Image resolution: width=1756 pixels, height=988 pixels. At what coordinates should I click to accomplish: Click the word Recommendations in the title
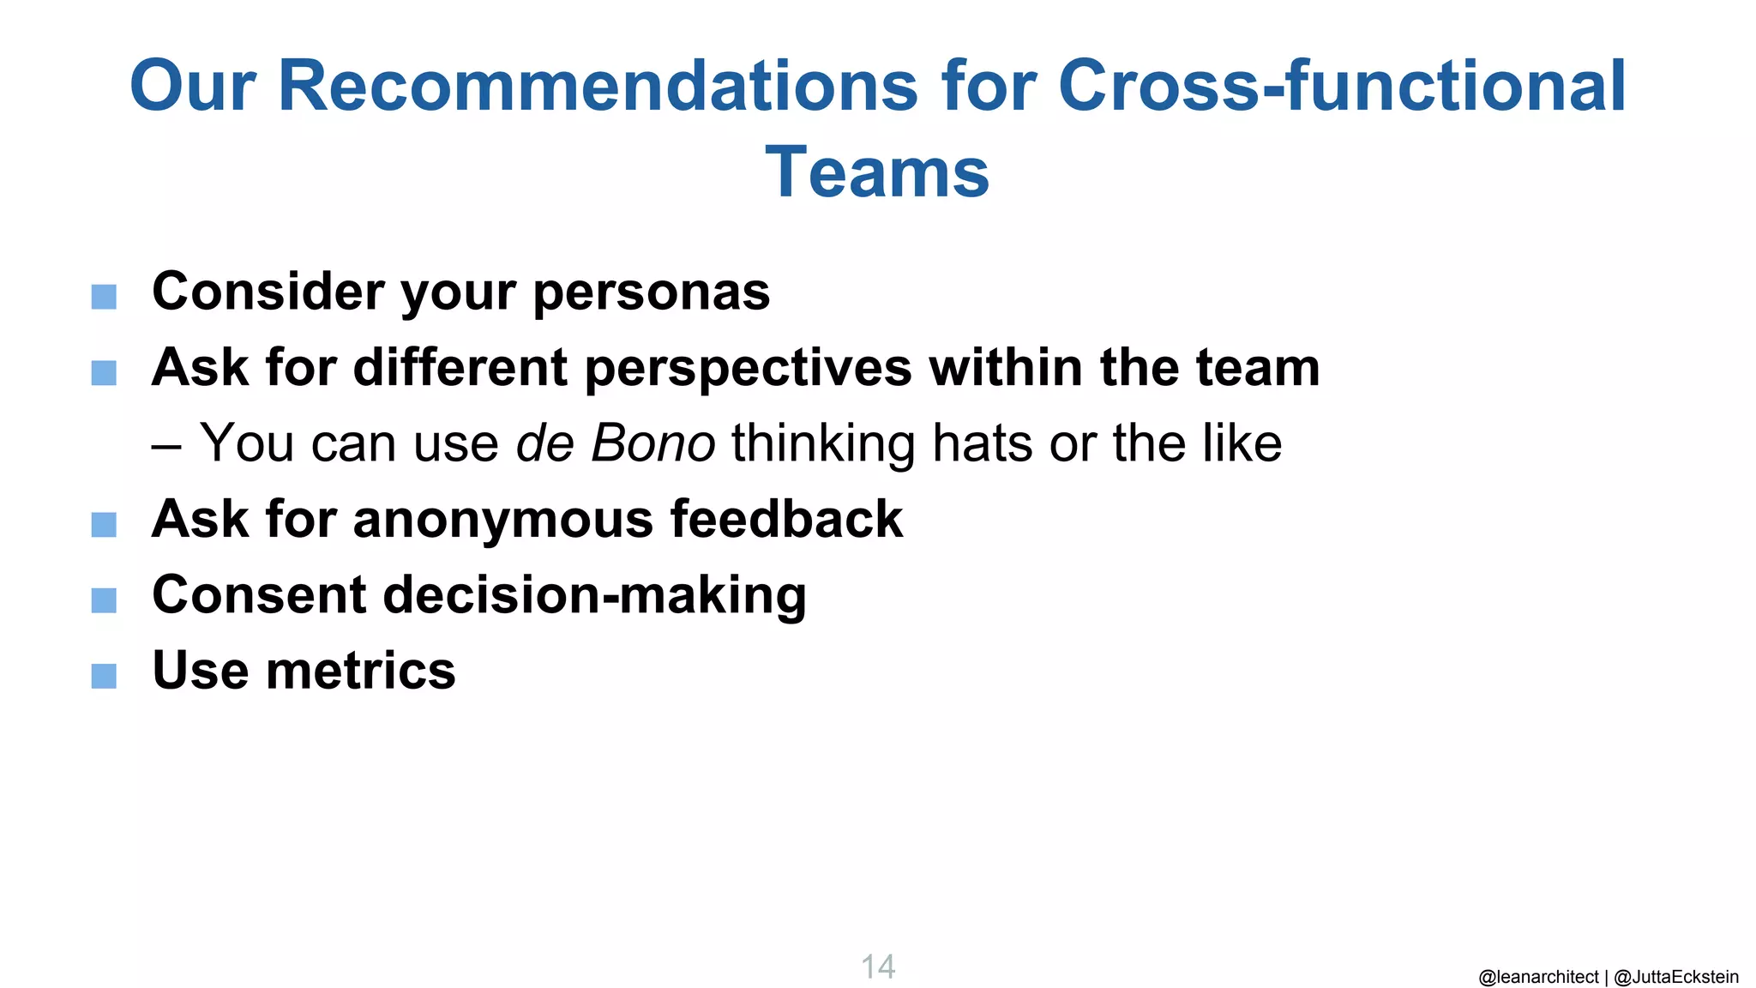[597, 87]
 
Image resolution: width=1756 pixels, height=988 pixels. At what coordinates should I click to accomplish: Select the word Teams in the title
[877, 172]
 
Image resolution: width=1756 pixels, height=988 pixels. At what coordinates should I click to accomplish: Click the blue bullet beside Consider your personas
[104, 298]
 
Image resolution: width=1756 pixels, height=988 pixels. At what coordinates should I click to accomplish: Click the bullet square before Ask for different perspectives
[104, 373]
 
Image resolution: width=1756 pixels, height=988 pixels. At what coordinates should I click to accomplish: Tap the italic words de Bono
[615, 443]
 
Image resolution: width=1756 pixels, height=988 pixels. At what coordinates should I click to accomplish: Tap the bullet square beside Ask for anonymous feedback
[104, 524]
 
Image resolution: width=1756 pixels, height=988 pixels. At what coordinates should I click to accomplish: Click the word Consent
[259, 594]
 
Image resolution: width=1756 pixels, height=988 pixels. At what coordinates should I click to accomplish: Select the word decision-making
[594, 596]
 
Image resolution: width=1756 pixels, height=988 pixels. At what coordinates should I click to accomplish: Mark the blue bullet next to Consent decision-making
[104, 600]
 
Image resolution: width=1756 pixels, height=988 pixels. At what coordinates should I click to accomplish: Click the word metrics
[361, 671]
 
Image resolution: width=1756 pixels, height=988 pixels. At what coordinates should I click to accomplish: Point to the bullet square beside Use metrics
[104, 676]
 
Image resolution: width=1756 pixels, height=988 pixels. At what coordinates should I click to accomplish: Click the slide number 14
[878, 967]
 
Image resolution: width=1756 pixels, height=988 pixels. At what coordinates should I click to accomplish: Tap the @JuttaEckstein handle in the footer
[1676, 977]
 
